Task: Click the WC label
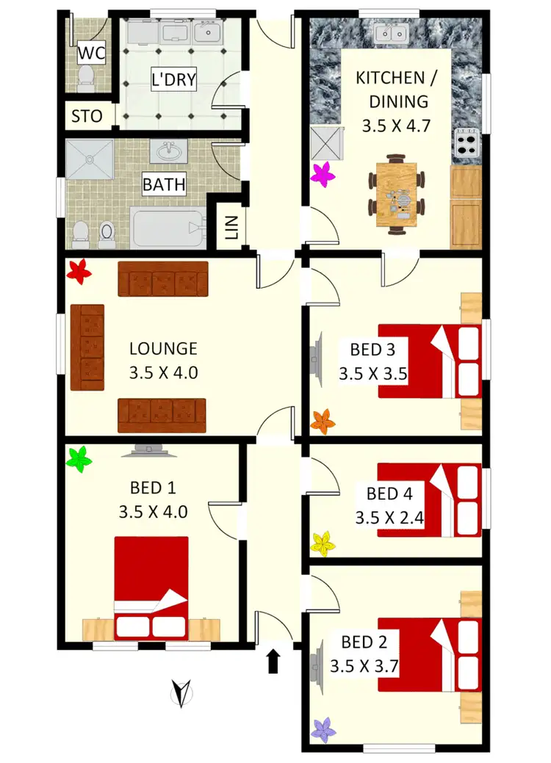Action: click(90, 53)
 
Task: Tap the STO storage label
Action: click(87, 116)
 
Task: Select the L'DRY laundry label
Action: click(174, 79)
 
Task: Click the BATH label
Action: click(164, 184)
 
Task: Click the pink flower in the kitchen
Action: click(323, 175)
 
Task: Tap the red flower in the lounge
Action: click(79, 272)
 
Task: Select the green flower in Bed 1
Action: click(79, 460)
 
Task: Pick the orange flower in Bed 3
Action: click(323, 422)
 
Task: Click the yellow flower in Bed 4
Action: click(323, 543)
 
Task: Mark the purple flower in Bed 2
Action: click(323, 729)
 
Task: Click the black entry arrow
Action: click(273, 660)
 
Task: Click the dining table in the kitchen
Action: click(396, 195)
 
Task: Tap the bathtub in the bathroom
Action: click(168, 228)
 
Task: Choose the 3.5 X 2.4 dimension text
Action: click(389, 518)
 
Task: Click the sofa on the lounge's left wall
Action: click(87, 348)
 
